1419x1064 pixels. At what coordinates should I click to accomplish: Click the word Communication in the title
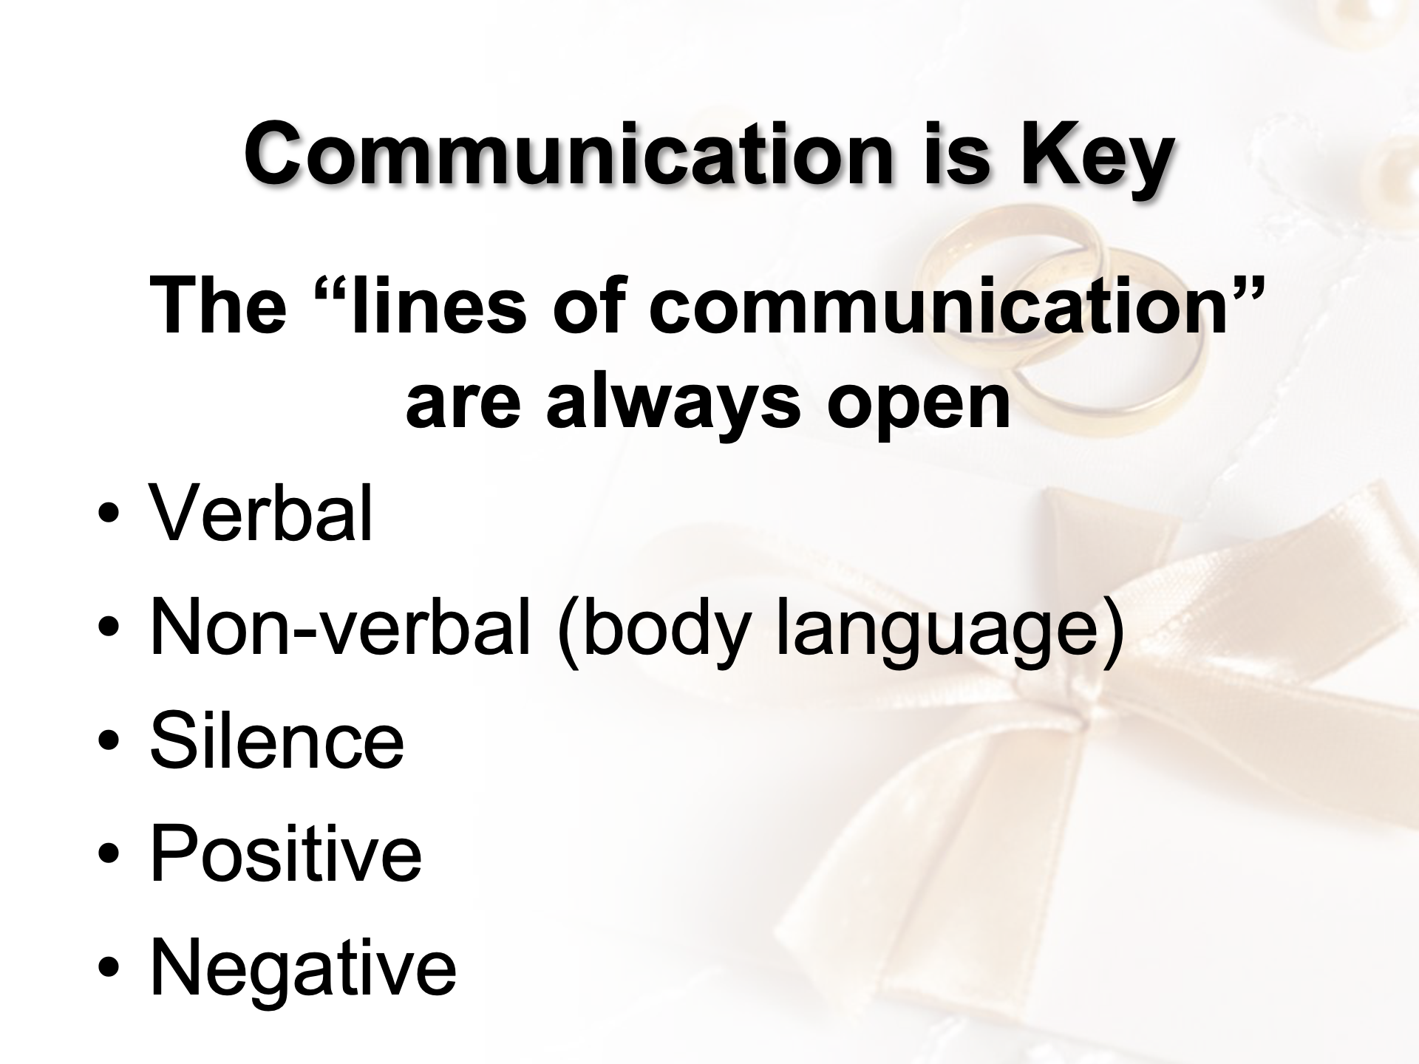tap(569, 154)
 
